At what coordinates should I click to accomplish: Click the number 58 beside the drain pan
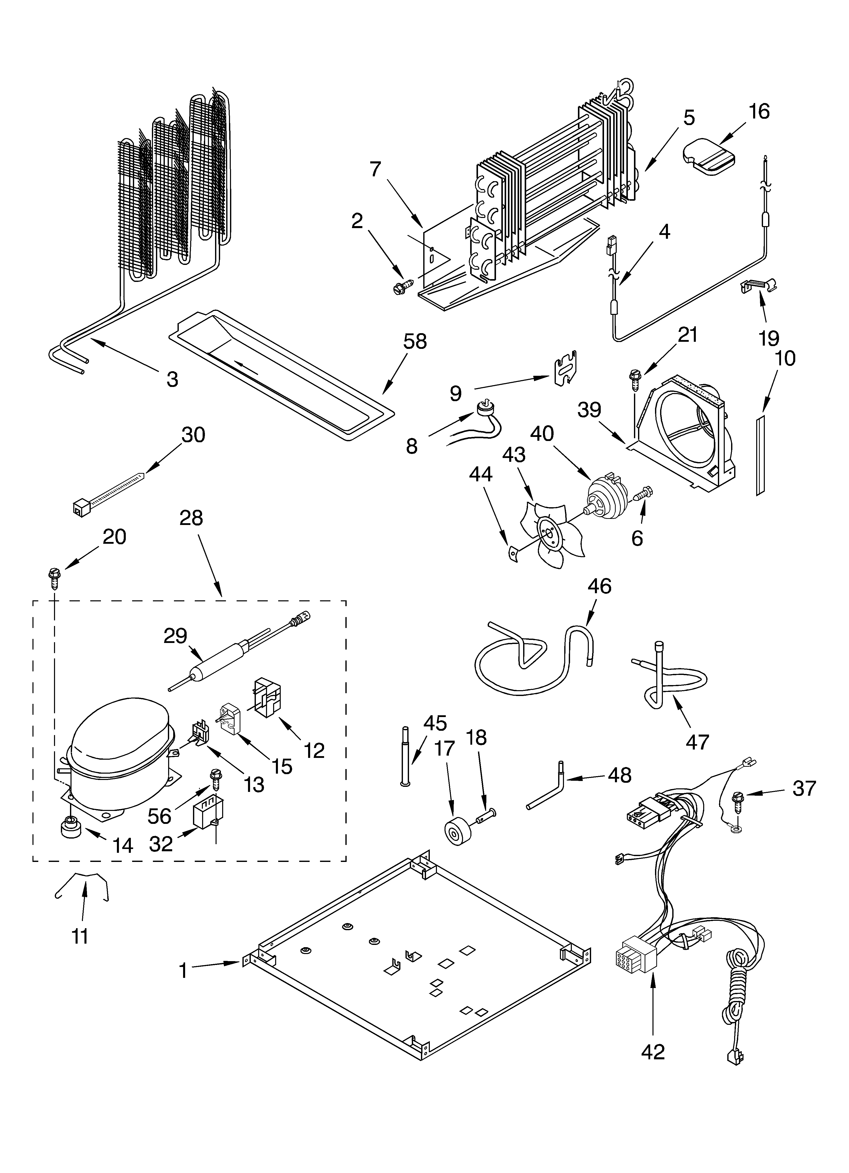pyautogui.click(x=415, y=341)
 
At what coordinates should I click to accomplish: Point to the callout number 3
pyautogui.click(x=172, y=379)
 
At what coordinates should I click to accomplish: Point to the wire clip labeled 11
pyautogui.click(x=83, y=886)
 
